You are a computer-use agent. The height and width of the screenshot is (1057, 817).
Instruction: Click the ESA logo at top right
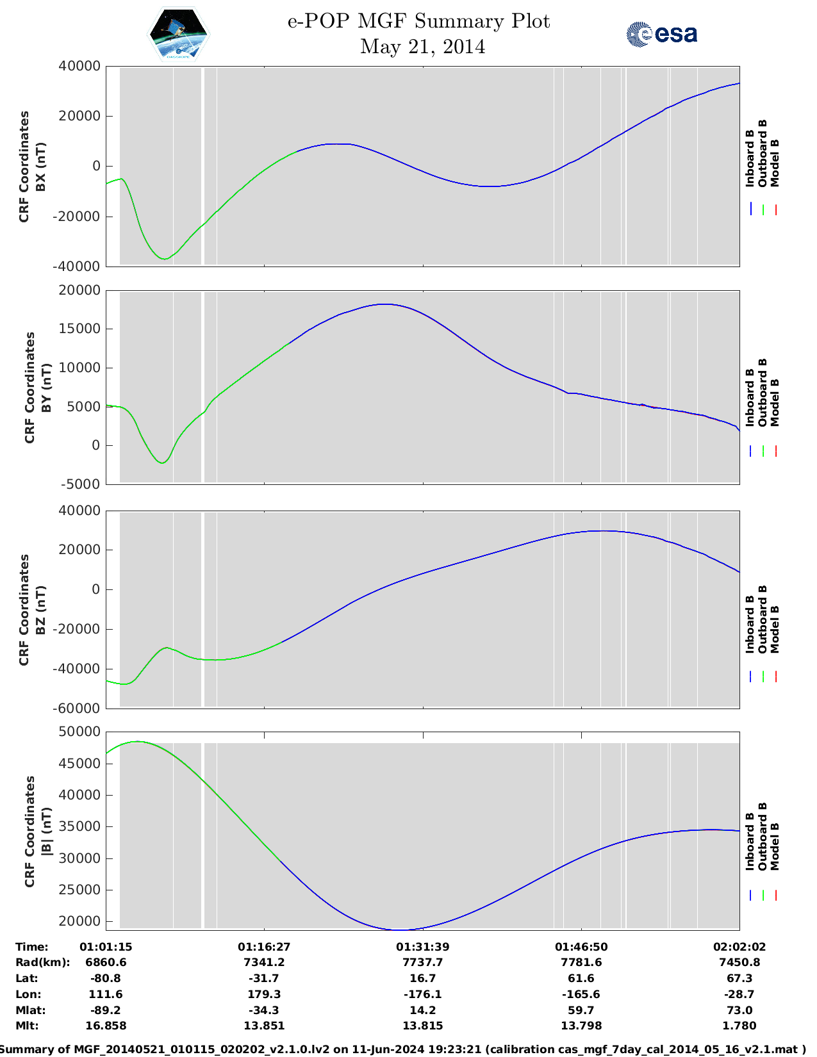pyautogui.click(x=661, y=34)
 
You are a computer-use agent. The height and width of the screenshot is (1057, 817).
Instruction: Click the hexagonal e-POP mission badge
pyautogui.click(x=178, y=35)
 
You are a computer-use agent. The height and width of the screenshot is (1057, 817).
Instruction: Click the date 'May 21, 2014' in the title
pyautogui.click(x=422, y=47)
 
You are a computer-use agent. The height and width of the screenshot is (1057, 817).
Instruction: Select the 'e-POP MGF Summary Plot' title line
pyautogui.click(x=418, y=21)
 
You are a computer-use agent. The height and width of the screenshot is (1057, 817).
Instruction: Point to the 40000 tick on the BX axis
pyautogui.click(x=79, y=66)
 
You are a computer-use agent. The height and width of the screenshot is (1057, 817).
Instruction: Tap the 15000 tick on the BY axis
pyautogui.click(x=79, y=329)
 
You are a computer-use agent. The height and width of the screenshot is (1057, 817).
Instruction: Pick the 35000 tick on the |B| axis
pyautogui.click(x=79, y=827)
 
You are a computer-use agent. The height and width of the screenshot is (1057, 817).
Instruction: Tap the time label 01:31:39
pyautogui.click(x=422, y=947)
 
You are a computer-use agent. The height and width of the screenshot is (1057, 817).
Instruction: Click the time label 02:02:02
pyautogui.click(x=739, y=947)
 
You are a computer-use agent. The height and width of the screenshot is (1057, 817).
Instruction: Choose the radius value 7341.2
pyautogui.click(x=264, y=962)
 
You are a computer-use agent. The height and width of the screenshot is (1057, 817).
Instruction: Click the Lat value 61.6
pyautogui.click(x=581, y=978)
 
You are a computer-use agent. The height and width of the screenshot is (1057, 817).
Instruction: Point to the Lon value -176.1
pyautogui.click(x=422, y=994)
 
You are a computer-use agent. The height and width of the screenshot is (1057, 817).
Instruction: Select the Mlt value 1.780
pyautogui.click(x=739, y=1026)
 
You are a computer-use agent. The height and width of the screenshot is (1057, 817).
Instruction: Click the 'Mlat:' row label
pyautogui.click(x=29, y=1010)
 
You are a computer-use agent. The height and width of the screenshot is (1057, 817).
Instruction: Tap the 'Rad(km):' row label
pyautogui.click(x=42, y=962)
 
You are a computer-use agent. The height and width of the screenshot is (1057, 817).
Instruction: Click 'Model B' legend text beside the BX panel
pyautogui.click(x=775, y=163)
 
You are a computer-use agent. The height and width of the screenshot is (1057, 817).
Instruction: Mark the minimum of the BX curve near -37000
pyautogui.click(x=165, y=259)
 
